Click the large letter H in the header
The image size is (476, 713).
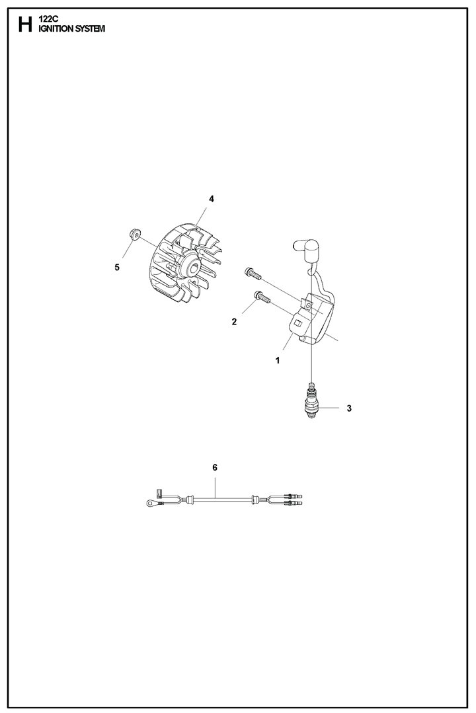click(x=24, y=26)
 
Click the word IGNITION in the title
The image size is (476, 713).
click(x=59, y=30)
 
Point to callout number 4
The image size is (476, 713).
click(x=212, y=199)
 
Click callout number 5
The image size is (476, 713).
click(x=117, y=267)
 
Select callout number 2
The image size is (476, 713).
click(x=234, y=322)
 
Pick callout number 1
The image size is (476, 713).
click(x=278, y=361)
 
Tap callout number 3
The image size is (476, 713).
click(x=348, y=408)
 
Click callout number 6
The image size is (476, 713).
click(x=215, y=467)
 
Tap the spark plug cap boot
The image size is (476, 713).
click(x=302, y=251)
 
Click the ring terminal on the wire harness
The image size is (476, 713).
click(x=151, y=505)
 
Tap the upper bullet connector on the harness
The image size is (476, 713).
click(x=292, y=496)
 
